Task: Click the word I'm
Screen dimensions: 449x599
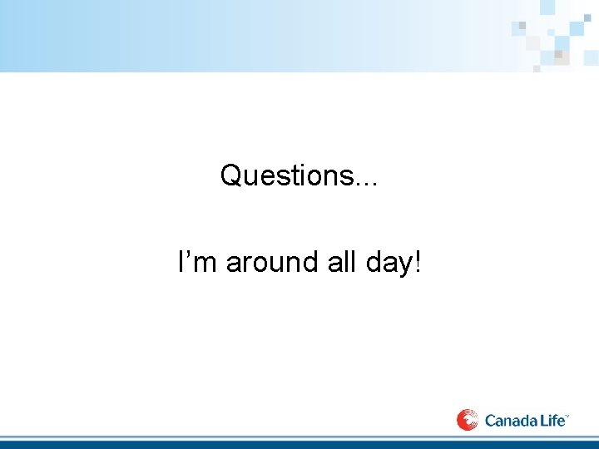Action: pyautogui.click(x=199, y=262)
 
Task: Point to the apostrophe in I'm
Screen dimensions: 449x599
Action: pyautogui.click(x=191, y=253)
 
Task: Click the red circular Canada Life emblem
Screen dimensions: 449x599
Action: pyautogui.click(x=468, y=420)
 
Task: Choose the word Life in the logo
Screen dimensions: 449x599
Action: pyautogui.click(x=553, y=421)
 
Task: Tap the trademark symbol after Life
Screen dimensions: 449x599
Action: pyautogui.click(x=568, y=415)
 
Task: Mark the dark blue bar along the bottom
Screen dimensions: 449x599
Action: pyautogui.click(x=299, y=444)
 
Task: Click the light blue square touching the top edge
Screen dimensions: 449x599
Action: pyautogui.click(x=548, y=7)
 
